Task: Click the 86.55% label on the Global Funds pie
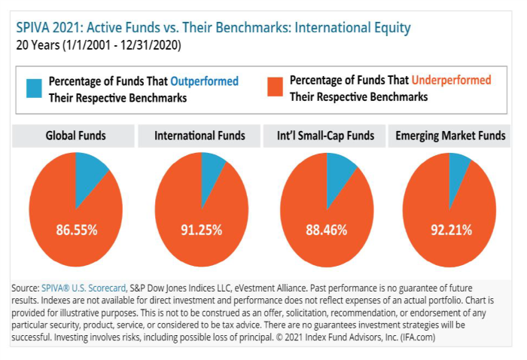(x=76, y=230)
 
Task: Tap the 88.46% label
(x=327, y=230)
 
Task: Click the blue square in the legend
(x=32, y=88)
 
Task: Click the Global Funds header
(x=75, y=136)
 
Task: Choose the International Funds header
(x=200, y=136)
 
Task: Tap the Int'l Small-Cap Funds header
(x=326, y=136)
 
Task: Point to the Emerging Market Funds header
(x=449, y=136)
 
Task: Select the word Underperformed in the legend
(x=450, y=80)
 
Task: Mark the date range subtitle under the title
(x=98, y=45)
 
